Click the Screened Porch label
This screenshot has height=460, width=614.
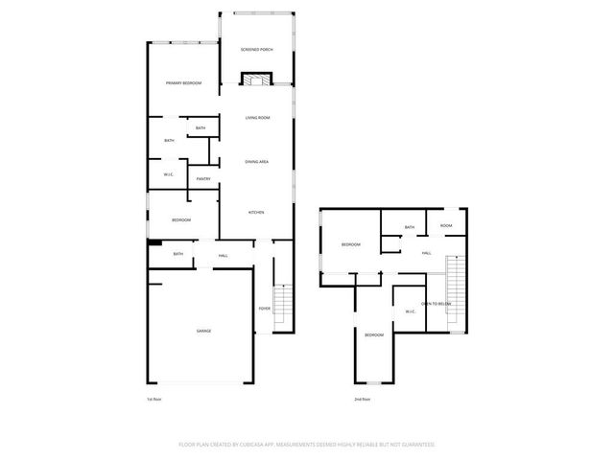click(x=257, y=49)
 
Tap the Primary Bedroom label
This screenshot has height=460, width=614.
click(x=183, y=83)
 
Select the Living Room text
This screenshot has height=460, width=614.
click(x=257, y=118)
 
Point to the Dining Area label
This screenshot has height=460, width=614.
click(x=256, y=162)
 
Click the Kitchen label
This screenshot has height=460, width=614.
click(x=256, y=212)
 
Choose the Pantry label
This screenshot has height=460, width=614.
click(x=203, y=179)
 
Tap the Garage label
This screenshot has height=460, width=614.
click(x=203, y=331)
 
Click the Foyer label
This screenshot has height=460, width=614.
click(x=264, y=308)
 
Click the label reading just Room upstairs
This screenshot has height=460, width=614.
click(x=446, y=226)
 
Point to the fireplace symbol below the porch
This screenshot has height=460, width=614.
click(x=254, y=80)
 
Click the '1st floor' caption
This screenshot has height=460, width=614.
click(x=155, y=398)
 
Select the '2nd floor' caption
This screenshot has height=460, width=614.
click(x=362, y=398)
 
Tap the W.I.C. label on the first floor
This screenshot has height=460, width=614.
click(x=168, y=173)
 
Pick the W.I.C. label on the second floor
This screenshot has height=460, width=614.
click(x=410, y=311)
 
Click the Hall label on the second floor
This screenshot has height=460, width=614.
click(x=427, y=253)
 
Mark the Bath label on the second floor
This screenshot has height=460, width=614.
click(x=410, y=227)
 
